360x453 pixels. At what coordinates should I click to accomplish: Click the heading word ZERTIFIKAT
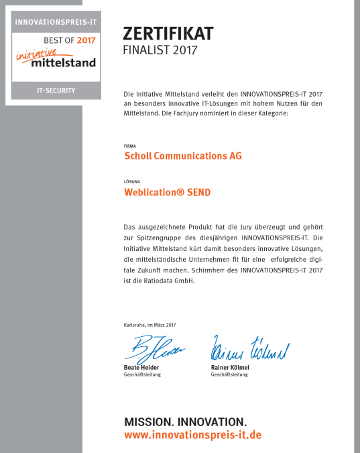(x=168, y=34)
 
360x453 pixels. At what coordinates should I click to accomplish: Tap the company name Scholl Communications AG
(x=183, y=156)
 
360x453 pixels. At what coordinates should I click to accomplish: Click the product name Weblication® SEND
(x=168, y=192)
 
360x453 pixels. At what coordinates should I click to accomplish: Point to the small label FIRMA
(x=130, y=145)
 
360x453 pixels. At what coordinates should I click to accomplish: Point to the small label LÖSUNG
(x=131, y=181)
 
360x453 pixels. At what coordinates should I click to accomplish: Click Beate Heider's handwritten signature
(x=152, y=348)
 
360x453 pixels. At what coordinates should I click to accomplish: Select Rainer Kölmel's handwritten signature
(x=249, y=349)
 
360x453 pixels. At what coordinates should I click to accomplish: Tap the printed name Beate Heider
(x=141, y=368)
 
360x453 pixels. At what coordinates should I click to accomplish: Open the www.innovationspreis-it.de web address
(x=192, y=435)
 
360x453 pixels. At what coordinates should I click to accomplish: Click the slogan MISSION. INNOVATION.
(x=185, y=422)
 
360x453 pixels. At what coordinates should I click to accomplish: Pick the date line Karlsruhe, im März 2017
(x=150, y=325)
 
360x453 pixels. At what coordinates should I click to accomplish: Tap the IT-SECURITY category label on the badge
(x=56, y=90)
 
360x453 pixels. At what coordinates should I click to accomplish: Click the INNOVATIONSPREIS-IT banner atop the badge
(x=56, y=21)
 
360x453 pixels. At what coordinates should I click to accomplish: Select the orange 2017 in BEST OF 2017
(x=86, y=40)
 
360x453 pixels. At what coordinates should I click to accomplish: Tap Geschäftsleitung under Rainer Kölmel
(x=229, y=374)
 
